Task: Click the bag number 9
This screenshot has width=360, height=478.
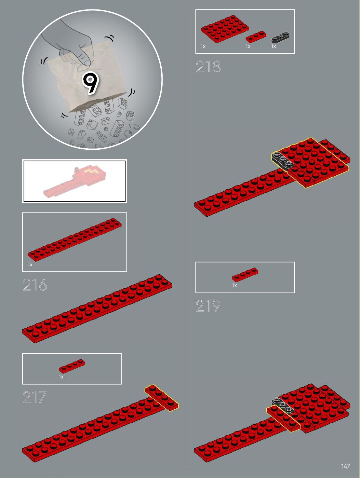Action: (x=90, y=83)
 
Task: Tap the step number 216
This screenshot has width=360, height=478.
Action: (x=35, y=285)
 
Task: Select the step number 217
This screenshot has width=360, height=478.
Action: (x=34, y=397)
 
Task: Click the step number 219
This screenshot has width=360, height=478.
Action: (x=208, y=306)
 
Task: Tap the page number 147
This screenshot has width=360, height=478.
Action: (x=346, y=466)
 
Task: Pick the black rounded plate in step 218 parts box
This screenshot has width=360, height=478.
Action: (x=280, y=37)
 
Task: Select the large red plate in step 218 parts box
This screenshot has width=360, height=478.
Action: (x=225, y=29)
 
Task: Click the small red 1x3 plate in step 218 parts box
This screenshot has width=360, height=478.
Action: (x=256, y=36)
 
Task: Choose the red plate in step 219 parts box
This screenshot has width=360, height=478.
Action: (x=245, y=275)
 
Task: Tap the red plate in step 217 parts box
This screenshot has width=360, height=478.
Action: (x=72, y=366)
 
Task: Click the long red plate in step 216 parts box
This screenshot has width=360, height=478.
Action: (x=75, y=239)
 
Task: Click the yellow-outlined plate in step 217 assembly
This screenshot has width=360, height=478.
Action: (x=162, y=398)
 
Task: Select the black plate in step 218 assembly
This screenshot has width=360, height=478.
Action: (x=283, y=160)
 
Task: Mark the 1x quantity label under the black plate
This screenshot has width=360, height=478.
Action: (x=273, y=46)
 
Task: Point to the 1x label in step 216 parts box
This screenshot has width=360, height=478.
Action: (x=30, y=265)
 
